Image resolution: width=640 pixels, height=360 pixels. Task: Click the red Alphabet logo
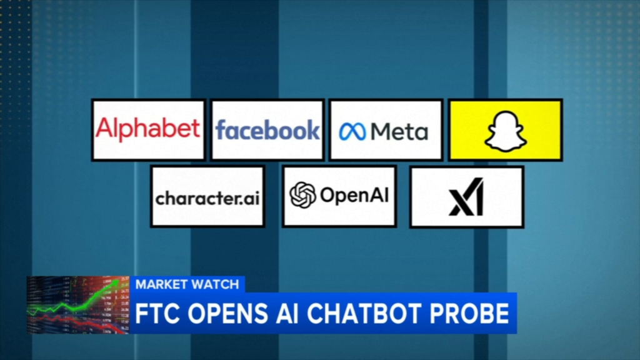(147, 129)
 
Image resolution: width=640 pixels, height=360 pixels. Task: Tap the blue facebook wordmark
(267, 130)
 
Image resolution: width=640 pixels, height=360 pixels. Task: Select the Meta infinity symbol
(352, 132)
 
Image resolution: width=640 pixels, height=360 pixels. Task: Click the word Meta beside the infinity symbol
(399, 131)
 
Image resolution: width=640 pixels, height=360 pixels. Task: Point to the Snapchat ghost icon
(505, 131)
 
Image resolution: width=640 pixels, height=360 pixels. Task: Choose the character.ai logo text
(207, 198)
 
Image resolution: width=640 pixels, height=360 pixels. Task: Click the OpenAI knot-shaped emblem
(302, 195)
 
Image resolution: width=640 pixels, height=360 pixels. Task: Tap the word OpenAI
(354, 195)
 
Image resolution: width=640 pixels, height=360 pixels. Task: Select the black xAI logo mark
(466, 197)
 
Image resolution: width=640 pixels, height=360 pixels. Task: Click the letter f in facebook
(221, 130)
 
